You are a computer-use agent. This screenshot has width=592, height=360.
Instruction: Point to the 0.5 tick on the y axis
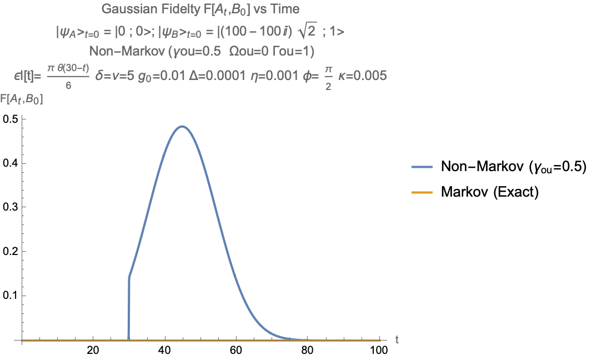point(11,119)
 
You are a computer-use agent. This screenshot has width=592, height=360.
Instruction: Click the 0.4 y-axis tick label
point(11,163)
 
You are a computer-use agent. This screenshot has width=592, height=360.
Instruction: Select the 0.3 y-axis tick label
point(11,207)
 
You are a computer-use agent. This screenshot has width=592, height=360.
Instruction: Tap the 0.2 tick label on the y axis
point(11,251)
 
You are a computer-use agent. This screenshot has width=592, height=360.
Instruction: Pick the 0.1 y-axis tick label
point(11,295)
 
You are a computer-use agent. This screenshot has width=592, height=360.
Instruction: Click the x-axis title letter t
point(397,338)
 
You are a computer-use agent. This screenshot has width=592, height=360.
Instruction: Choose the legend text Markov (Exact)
point(490,192)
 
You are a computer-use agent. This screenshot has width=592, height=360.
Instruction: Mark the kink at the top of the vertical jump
point(129,276)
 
